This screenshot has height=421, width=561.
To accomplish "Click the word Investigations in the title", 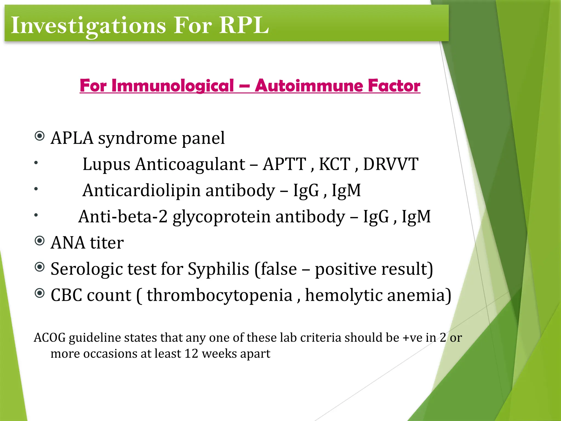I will [88, 25].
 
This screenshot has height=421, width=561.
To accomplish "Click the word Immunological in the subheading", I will [173, 86].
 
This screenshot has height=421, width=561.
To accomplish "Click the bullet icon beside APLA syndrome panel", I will [40, 136].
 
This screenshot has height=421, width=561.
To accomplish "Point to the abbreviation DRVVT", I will [391, 164].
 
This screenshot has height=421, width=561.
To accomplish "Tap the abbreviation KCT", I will [335, 164].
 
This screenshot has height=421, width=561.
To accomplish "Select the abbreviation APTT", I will [284, 164].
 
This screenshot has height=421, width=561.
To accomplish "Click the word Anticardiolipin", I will [141, 190].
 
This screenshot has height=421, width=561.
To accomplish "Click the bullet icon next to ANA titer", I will [40, 241].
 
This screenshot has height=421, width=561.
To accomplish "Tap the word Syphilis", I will [218, 269].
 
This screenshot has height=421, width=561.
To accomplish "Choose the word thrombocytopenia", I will [220, 295].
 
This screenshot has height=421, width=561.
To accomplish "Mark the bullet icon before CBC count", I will [40, 293].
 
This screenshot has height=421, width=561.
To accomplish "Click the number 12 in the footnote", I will [191, 354].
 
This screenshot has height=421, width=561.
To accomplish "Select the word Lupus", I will [106, 164].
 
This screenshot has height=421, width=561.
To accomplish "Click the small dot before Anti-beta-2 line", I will [36, 215].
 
